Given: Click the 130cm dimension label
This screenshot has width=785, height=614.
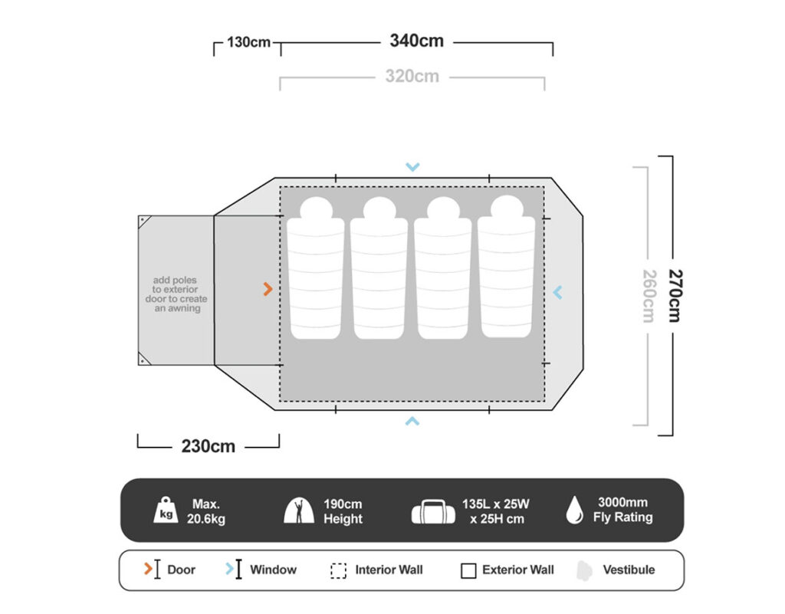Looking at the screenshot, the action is (249, 42).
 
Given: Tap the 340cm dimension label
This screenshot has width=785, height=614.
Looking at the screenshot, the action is (416, 41).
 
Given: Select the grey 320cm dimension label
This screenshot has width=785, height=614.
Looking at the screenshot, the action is (412, 76).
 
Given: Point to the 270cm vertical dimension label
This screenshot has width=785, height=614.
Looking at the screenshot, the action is (675, 296).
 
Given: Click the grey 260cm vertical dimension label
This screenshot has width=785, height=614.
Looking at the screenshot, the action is (649, 296).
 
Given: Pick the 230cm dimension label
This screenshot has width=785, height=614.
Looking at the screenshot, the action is (209, 446).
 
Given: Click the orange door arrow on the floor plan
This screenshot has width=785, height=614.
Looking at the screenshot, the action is (268, 289).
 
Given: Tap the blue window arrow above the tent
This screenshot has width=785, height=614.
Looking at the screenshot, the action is (412, 166).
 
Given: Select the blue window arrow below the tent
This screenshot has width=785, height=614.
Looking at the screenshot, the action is (412, 422).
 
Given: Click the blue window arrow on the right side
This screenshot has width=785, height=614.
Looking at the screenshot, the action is (558, 292).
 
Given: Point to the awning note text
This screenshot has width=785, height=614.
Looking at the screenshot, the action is (176, 294).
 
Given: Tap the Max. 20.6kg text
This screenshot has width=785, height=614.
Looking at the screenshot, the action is (206, 511).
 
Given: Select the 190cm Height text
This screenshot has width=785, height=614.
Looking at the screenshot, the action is (343, 511).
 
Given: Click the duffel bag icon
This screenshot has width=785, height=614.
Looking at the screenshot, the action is (433, 511).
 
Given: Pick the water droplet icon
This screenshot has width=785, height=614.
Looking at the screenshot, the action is (575, 510).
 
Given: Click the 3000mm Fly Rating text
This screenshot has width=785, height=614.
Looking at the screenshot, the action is (622, 510).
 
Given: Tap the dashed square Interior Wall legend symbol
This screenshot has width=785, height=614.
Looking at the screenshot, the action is (338, 570).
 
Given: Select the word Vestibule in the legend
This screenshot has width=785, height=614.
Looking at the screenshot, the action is (629, 570).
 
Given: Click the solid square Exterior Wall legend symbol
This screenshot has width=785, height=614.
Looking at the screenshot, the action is (468, 570).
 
